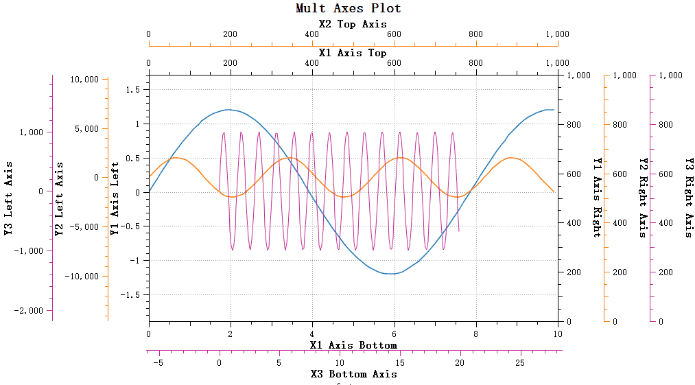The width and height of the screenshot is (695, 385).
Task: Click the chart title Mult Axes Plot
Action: click(x=348, y=8)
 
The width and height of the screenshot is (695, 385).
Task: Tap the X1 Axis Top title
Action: click(x=353, y=52)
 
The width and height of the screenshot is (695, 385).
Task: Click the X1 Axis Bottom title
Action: click(x=353, y=345)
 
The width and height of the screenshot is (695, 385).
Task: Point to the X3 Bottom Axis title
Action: click(x=353, y=374)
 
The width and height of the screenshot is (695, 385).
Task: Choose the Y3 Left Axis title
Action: click(x=9, y=199)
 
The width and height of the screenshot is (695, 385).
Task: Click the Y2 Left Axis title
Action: click(x=59, y=199)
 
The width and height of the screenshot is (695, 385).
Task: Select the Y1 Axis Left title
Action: click(x=115, y=198)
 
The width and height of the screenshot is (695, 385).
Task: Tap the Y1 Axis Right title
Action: click(x=597, y=197)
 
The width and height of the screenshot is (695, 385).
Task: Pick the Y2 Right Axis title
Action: click(x=643, y=197)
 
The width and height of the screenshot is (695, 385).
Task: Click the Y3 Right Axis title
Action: click(x=689, y=197)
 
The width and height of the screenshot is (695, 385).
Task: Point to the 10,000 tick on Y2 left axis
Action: click(x=85, y=80)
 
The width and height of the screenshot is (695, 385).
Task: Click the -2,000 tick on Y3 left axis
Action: click(x=29, y=311)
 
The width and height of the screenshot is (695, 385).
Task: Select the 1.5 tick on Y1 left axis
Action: click(x=133, y=90)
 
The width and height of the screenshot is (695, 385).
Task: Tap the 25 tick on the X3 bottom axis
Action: click(x=520, y=362)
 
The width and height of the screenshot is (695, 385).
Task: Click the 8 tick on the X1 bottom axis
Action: click(x=475, y=334)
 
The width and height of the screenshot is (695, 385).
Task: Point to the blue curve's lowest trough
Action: click(x=392, y=274)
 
